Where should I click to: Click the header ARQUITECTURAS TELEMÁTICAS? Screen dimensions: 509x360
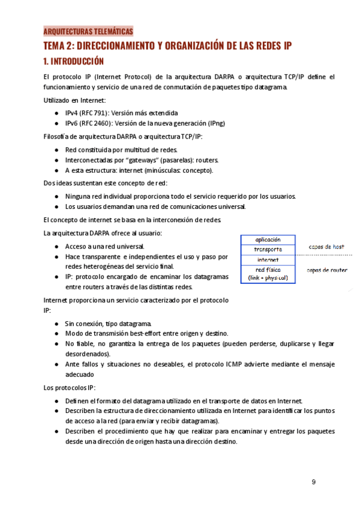click(x=88, y=32)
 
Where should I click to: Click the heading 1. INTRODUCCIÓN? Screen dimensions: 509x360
click(x=73, y=61)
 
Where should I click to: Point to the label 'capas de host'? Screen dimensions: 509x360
click(x=326, y=247)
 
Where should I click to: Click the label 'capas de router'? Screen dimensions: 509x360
click(x=327, y=270)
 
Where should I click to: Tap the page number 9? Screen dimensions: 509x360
click(x=314, y=482)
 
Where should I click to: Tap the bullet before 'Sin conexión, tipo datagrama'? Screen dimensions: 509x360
click(x=56, y=324)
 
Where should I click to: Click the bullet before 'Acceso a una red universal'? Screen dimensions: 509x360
click(x=56, y=247)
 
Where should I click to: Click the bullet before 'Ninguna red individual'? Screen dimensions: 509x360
click(x=56, y=196)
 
